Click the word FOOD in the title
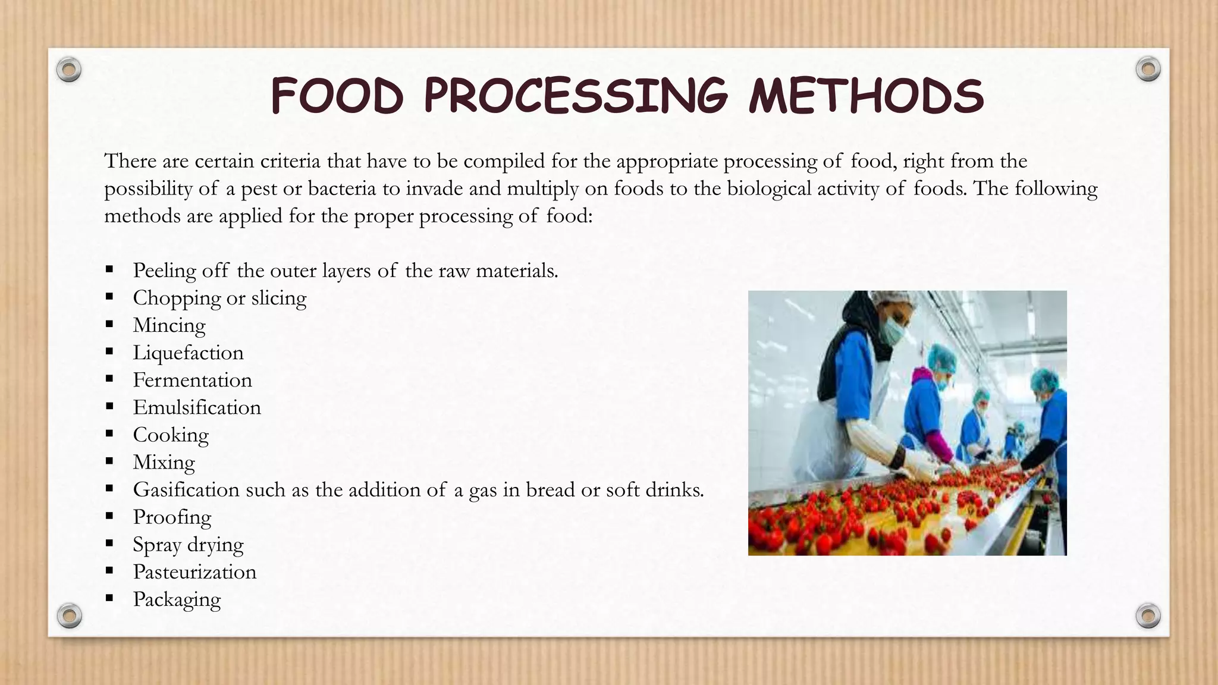(337, 97)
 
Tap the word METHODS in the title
(866, 97)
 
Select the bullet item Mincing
(169, 325)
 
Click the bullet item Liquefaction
(188, 353)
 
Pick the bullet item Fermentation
(192, 380)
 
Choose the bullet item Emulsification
(197, 407)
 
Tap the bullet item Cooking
(171, 435)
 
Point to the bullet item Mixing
(164, 462)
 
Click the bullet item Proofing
(172, 517)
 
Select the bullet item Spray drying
(188, 544)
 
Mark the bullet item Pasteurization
(194, 571)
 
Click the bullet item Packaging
(177, 599)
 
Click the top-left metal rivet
(69, 70)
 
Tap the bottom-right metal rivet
(1148, 615)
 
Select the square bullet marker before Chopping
(109, 297)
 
